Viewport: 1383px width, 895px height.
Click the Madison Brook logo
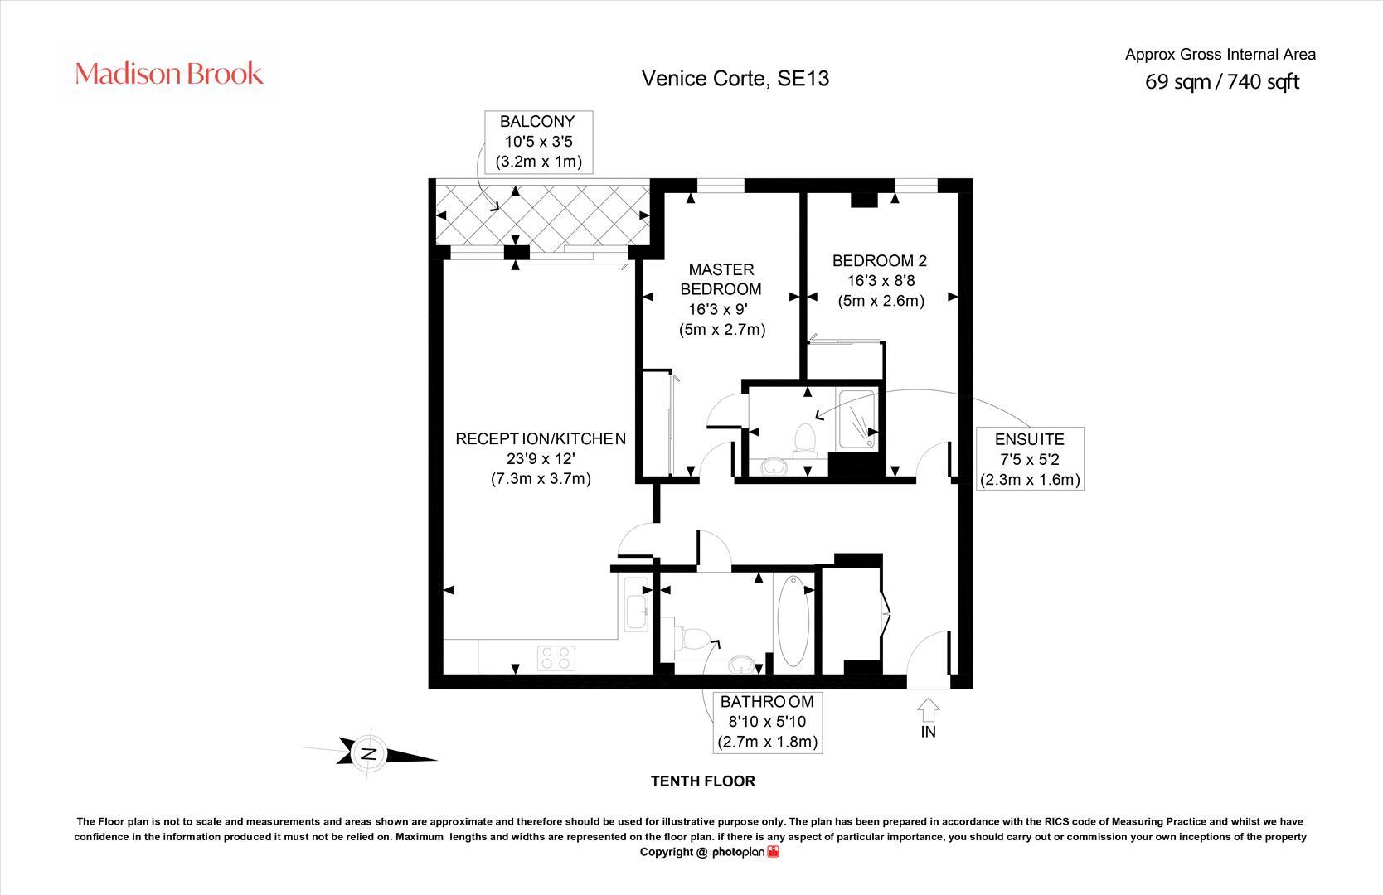(168, 74)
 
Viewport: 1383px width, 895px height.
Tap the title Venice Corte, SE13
(735, 79)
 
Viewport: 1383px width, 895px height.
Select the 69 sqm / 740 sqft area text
(1222, 81)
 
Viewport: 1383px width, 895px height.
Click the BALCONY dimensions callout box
(538, 142)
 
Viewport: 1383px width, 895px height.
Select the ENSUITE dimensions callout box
(1030, 458)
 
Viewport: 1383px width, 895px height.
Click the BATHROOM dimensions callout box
(768, 722)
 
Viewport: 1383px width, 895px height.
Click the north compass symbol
(369, 753)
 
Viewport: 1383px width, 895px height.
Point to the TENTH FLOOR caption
(702, 781)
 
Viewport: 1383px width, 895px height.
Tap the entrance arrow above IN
(928, 710)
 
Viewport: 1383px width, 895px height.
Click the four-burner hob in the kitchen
(556, 658)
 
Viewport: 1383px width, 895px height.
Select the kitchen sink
(636, 604)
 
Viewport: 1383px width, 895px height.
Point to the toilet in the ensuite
(804, 440)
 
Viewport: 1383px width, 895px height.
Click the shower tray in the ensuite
(856, 419)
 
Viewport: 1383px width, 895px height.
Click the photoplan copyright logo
(746, 853)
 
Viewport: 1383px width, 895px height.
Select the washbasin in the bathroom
(741, 665)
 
